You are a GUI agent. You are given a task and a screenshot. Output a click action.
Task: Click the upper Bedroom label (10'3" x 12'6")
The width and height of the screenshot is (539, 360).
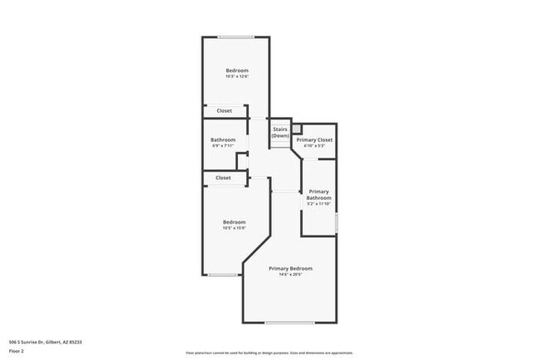tap(236, 71)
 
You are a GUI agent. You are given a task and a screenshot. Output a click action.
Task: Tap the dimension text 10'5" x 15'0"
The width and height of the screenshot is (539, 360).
tap(234, 228)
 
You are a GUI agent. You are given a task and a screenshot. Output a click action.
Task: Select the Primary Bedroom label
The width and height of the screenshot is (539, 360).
tap(290, 269)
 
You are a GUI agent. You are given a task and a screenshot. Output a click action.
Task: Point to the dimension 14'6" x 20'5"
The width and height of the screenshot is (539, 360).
tap(290, 275)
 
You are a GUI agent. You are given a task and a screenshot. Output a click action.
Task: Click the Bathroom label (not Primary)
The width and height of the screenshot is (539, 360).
tap(223, 139)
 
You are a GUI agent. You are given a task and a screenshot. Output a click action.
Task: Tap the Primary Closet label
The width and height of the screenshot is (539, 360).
tap(314, 139)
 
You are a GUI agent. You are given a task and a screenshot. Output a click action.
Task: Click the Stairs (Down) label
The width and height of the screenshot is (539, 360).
tap(280, 132)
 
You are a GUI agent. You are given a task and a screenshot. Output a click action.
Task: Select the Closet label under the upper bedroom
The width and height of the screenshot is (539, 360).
tap(224, 110)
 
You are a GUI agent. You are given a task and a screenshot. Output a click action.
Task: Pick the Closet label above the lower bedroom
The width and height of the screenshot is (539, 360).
tap(223, 178)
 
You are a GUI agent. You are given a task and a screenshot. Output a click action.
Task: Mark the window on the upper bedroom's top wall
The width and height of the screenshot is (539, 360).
tap(236, 36)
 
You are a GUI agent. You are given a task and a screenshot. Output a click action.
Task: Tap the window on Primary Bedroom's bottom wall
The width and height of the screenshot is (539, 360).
tap(289, 322)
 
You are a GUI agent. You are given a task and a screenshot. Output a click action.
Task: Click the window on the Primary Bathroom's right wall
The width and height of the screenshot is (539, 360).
tap(336, 222)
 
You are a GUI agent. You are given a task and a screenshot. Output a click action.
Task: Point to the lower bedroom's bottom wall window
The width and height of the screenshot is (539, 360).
tap(222, 275)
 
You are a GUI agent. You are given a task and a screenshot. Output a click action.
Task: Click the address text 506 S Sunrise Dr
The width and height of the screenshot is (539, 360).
tap(45, 342)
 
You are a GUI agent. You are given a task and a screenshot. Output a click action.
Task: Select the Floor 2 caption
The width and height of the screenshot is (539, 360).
tap(17, 351)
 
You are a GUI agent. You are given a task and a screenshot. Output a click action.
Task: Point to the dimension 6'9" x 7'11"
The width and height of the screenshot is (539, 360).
tap(223, 146)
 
